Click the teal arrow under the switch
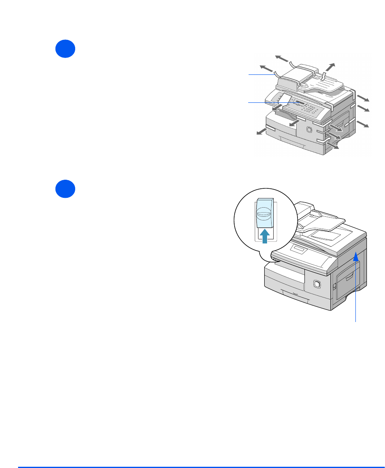click(265, 237)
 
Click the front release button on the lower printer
click(316, 284)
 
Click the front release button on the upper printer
click(309, 130)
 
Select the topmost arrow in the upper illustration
click(282, 58)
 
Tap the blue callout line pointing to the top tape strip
click(261, 74)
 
